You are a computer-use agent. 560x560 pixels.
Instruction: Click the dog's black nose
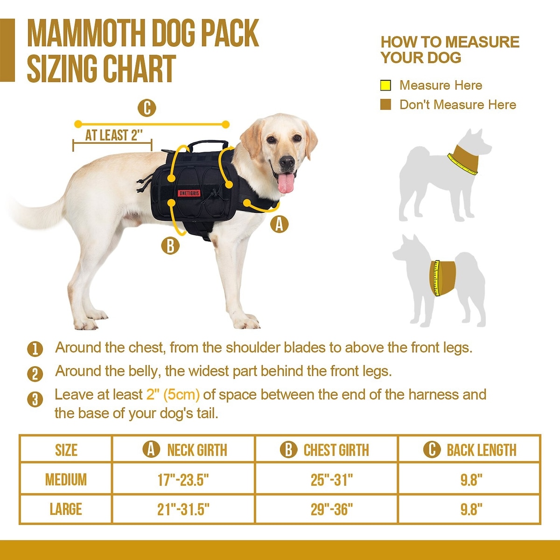pyautogui.click(x=287, y=161)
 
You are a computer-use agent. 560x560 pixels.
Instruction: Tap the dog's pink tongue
pyautogui.click(x=286, y=183)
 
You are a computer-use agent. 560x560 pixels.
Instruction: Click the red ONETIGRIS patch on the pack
pyautogui.click(x=189, y=193)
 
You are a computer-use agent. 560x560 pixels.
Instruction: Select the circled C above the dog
pyautogui.click(x=147, y=108)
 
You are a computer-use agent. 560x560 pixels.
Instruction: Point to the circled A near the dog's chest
pyautogui.click(x=279, y=224)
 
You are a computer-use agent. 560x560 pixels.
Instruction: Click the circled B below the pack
pyautogui.click(x=170, y=245)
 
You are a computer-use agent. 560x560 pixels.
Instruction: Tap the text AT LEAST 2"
pyautogui.click(x=114, y=135)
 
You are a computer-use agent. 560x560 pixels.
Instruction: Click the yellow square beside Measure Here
pyautogui.click(x=385, y=85)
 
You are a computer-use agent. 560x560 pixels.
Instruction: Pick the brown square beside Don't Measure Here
pyautogui.click(x=385, y=105)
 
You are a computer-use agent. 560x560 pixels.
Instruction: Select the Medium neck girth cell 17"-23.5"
pyautogui.click(x=183, y=480)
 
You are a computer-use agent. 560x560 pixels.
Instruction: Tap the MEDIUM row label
pyautogui.click(x=66, y=480)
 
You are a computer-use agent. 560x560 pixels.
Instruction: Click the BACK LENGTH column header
pyautogui.click(x=482, y=450)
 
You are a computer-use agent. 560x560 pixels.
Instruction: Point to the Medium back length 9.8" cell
pyautogui.click(x=471, y=480)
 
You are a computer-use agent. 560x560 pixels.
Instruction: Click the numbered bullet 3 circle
pyautogui.click(x=35, y=399)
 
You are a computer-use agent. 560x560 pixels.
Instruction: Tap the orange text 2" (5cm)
pyautogui.click(x=173, y=395)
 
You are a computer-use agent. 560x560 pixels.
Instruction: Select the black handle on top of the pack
pyautogui.click(x=208, y=144)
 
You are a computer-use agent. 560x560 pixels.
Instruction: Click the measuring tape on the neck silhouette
pyautogui.click(x=462, y=165)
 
